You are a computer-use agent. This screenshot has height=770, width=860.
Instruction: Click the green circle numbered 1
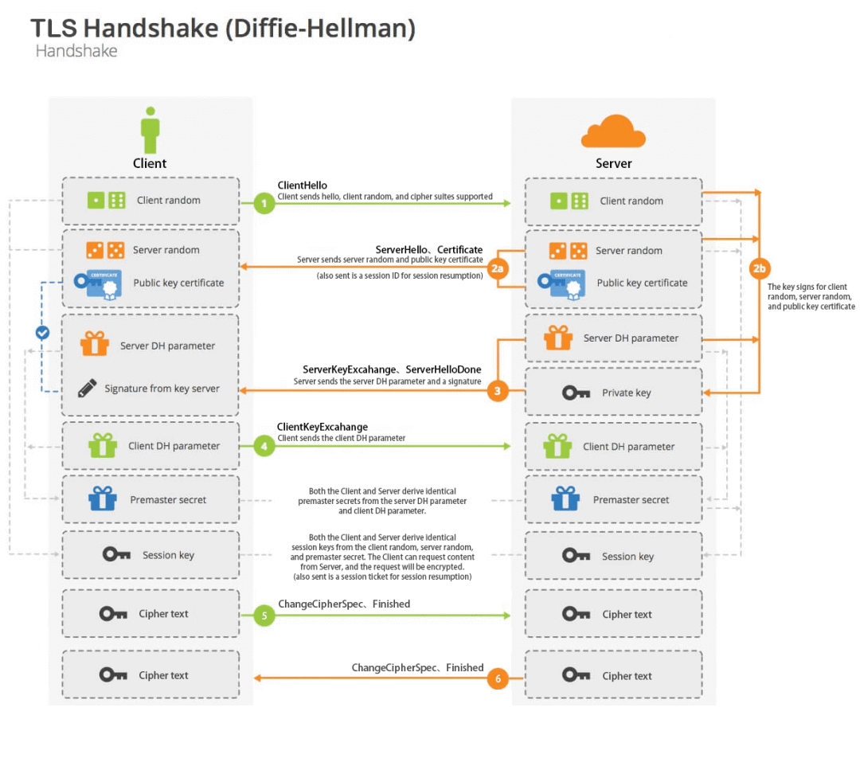pos(264,203)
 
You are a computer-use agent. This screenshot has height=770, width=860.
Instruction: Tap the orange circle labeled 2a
pos(498,268)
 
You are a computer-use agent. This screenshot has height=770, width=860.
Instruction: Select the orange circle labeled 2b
pos(759,268)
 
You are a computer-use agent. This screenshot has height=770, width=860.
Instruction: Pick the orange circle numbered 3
pos(498,391)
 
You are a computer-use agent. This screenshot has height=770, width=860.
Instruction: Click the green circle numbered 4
pos(264,447)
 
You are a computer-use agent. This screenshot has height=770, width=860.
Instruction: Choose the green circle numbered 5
pos(264,615)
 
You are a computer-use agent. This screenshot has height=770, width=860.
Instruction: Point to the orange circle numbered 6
pos(498,678)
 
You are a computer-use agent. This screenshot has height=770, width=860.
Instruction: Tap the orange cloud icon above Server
pos(612,131)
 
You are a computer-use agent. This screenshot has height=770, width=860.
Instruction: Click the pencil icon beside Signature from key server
pos(88,389)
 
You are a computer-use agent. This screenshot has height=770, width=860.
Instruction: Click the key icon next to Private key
pos(576,393)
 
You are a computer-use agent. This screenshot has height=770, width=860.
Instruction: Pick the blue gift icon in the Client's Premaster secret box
pos(102,499)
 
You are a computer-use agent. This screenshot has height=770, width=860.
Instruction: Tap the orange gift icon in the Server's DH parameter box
pos(558,338)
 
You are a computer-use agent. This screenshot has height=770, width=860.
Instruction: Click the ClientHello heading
pos(303,186)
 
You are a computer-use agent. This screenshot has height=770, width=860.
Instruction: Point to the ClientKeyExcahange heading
pos(322,427)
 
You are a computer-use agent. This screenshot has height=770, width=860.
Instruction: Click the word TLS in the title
pos(53,29)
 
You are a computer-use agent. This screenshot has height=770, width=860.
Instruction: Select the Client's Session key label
pos(168,555)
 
